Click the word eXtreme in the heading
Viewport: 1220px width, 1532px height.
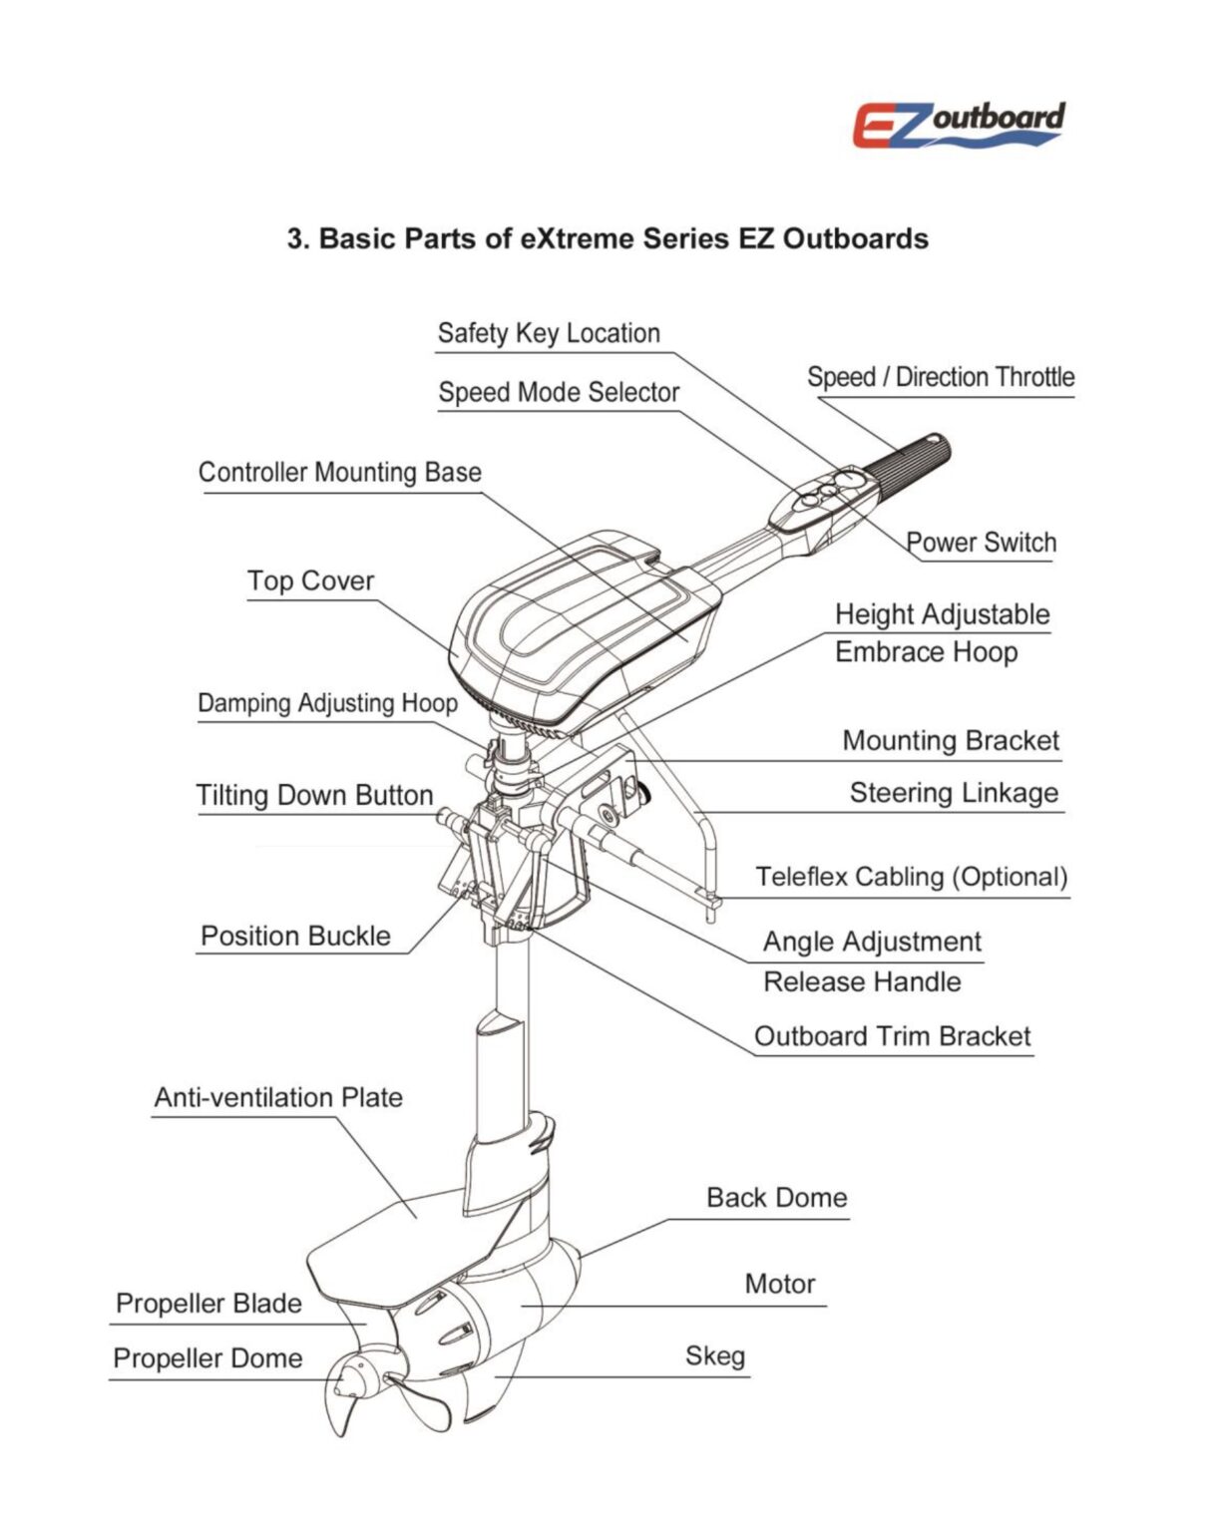tap(577, 239)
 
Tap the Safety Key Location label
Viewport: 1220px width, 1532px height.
tap(549, 333)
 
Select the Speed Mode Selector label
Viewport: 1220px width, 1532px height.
tap(559, 393)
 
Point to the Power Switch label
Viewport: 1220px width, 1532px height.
tap(981, 543)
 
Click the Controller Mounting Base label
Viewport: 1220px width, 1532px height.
tap(339, 473)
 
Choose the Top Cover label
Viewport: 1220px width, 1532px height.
tap(310, 581)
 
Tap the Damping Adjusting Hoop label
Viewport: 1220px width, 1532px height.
tap(327, 703)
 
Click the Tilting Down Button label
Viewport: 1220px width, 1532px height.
tap(314, 796)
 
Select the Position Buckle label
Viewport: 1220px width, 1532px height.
tap(295, 937)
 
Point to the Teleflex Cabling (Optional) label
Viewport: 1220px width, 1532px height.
tap(911, 878)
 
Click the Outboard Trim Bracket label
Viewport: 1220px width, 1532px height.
tap(892, 1036)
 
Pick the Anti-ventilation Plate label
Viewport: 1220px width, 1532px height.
tap(278, 1098)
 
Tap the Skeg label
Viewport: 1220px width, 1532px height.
tap(715, 1356)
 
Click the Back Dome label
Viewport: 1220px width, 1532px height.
tap(777, 1198)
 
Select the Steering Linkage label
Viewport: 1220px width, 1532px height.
tap(954, 794)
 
